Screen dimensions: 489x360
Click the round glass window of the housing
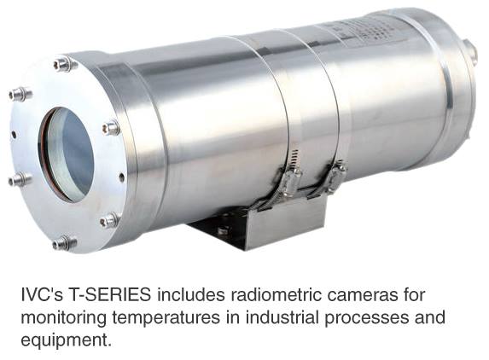click(66, 154)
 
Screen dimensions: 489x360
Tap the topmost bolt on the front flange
click(65, 64)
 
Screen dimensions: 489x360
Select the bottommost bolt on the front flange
click(64, 242)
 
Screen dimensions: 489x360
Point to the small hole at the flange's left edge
click(14, 135)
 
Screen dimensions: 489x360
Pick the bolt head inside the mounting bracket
click(223, 230)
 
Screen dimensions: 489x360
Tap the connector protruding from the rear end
click(470, 51)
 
